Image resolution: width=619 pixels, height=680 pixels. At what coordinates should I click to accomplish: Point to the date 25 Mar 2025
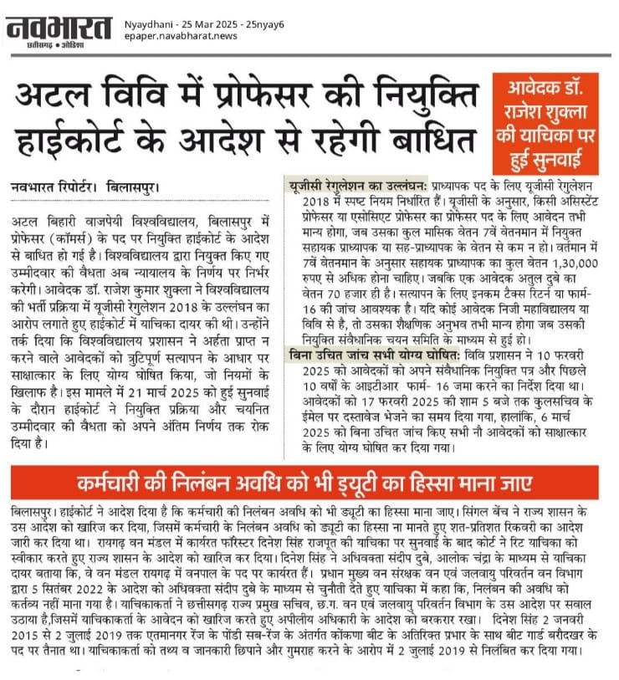(198, 25)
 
